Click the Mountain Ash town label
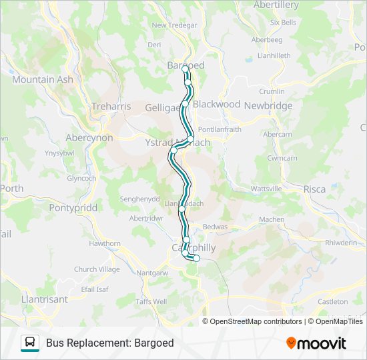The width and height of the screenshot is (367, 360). (x=42, y=79)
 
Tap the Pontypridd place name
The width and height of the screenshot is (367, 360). (x=73, y=207)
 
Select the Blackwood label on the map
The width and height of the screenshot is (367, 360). (x=216, y=104)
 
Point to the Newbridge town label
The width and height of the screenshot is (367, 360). (x=268, y=105)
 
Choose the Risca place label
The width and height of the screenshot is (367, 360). (x=314, y=189)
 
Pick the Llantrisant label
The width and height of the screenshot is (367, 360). (x=45, y=299)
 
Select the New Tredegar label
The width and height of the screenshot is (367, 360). (x=171, y=25)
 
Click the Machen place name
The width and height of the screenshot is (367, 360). (x=272, y=219)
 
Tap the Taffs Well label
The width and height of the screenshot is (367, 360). (x=151, y=301)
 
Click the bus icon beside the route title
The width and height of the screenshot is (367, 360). (x=30, y=343)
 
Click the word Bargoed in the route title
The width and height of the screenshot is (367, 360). (x=153, y=343)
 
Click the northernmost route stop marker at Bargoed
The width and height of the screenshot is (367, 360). (x=185, y=69)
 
